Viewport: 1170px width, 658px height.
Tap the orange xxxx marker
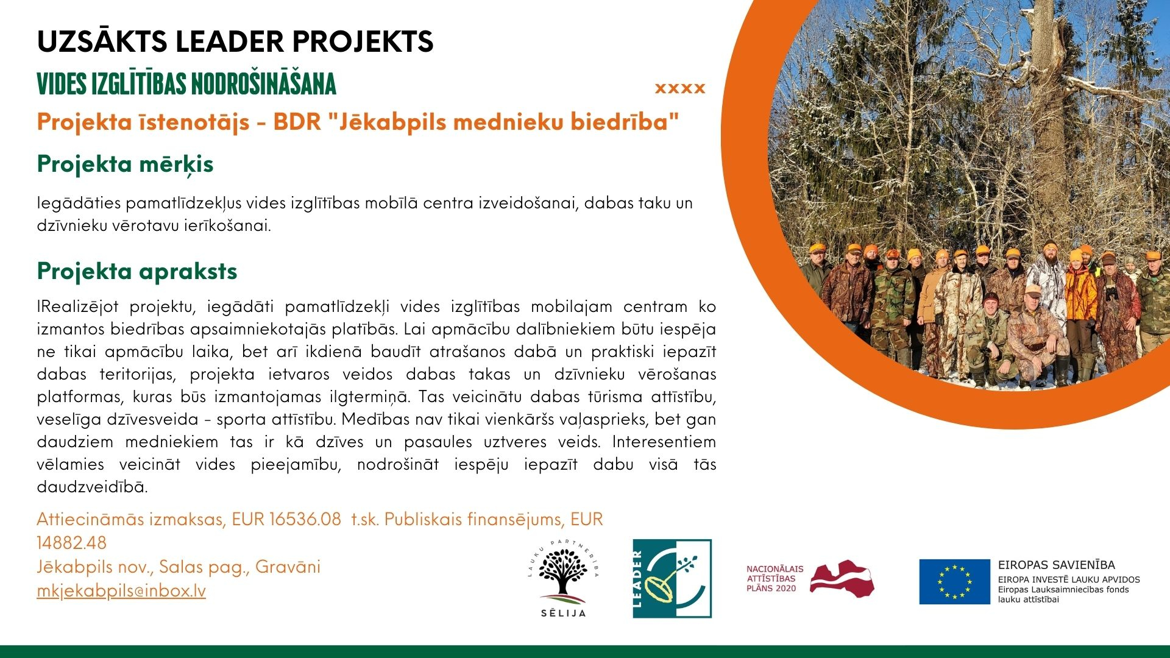[x=680, y=88]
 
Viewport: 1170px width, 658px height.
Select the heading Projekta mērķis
[x=125, y=164]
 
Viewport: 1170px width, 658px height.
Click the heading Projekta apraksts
[x=137, y=271]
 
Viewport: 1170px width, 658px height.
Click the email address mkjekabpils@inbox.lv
[x=121, y=591]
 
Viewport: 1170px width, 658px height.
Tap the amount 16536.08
[x=305, y=519]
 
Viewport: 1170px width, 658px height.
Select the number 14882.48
[x=72, y=543]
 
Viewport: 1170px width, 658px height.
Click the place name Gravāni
[x=288, y=567]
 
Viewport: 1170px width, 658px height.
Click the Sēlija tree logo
[x=564, y=578]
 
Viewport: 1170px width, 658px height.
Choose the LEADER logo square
[x=672, y=578]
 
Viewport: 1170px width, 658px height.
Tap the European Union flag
[x=954, y=582]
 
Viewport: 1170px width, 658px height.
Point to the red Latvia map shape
[x=842, y=579]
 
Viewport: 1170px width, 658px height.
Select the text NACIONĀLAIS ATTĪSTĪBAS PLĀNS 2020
[x=775, y=578]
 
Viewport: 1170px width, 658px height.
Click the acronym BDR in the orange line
[x=297, y=122]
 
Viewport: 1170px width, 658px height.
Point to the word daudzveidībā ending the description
[x=93, y=487]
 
